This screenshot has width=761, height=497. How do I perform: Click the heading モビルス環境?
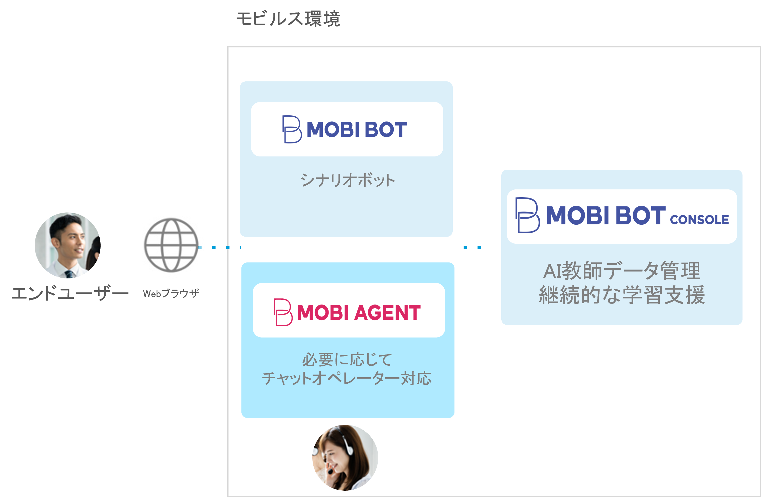[x=288, y=19]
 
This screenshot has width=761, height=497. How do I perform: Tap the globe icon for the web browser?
[x=171, y=245]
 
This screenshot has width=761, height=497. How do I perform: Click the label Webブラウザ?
[x=171, y=293]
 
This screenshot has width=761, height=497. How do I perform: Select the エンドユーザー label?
[x=70, y=293]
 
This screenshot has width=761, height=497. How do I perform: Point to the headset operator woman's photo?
[x=345, y=457]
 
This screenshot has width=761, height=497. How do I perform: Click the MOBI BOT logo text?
[x=356, y=129]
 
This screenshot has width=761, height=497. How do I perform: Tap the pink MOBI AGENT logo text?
[x=359, y=312]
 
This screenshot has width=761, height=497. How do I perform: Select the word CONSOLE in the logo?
[x=699, y=220]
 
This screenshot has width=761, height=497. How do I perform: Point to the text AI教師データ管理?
[x=622, y=271]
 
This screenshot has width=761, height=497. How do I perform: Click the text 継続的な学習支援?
[x=622, y=295]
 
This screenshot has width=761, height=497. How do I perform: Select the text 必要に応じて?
[x=347, y=359]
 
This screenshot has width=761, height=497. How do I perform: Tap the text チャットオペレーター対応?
[x=347, y=378]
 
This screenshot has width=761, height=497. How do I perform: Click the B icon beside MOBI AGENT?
[x=283, y=312]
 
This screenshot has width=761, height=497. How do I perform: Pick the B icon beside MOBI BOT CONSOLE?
[x=527, y=215]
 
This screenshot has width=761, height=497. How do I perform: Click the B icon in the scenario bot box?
[x=292, y=129]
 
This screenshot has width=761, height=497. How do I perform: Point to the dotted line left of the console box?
[x=472, y=247]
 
